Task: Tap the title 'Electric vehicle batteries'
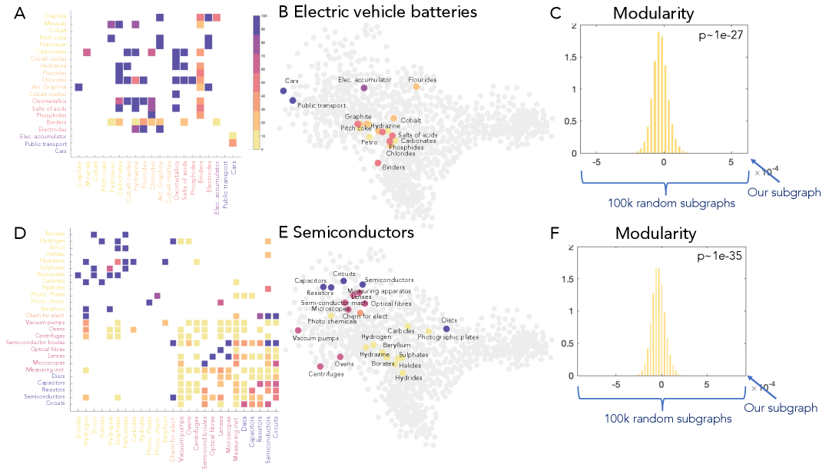(x=385, y=12)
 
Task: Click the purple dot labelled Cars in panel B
(x=284, y=91)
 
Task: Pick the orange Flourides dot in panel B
(x=416, y=87)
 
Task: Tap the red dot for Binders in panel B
(x=377, y=163)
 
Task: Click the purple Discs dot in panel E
(x=446, y=329)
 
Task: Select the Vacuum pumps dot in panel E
(x=298, y=330)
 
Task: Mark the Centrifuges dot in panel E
(x=320, y=366)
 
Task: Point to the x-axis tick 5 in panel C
(x=731, y=164)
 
